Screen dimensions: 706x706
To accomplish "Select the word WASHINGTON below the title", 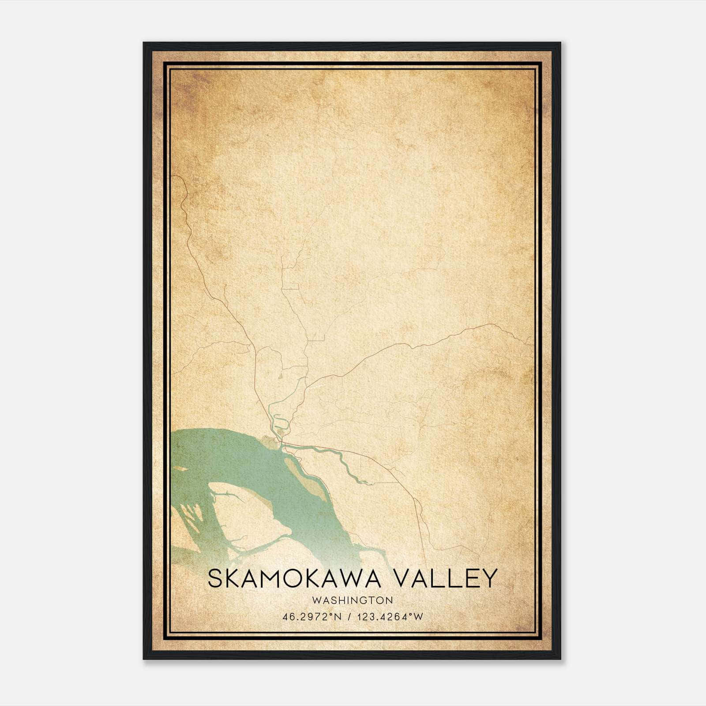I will pos(352,600).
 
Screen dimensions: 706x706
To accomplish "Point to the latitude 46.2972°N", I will pos(312,617).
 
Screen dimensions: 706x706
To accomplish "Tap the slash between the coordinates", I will pos(349,617).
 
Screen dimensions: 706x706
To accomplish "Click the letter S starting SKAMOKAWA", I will pos(215,578).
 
